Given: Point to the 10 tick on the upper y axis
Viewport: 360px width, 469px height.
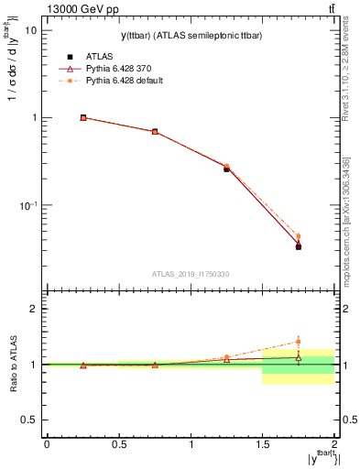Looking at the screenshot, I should coord(30,30).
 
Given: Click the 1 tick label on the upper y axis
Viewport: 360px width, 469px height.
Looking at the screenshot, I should coord(34,118).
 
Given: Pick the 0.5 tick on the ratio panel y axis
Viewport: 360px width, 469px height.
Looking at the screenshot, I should coord(28,420).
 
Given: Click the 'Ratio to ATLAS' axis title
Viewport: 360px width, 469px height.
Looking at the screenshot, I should coord(12,365).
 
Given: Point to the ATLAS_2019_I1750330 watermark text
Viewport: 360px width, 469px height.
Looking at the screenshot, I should coord(190,274).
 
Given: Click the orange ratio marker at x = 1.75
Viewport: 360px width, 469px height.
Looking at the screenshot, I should coord(298,342).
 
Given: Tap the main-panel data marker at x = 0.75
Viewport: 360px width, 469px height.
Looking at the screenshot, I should coord(155,131).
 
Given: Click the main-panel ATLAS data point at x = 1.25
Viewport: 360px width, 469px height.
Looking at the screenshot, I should coord(226,169).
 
